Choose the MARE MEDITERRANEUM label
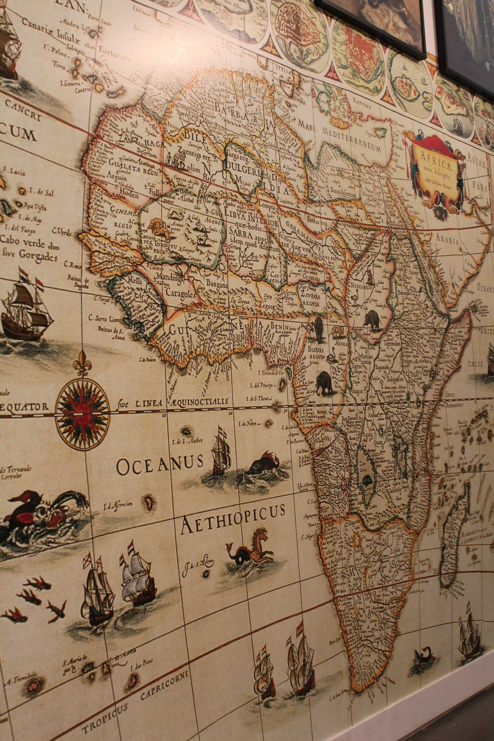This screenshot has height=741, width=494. point(335,134)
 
